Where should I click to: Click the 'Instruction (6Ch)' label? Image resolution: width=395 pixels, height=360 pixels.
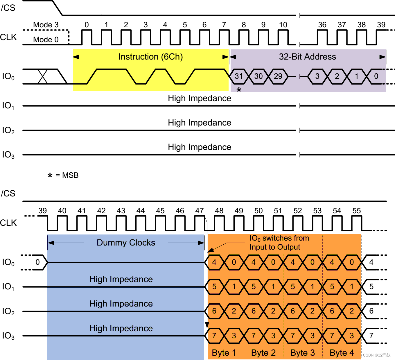[150, 57]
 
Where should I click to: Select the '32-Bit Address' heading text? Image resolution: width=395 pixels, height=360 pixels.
[307, 57]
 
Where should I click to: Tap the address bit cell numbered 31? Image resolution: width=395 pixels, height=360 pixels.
[239, 76]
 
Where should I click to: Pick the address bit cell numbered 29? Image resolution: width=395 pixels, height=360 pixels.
[278, 76]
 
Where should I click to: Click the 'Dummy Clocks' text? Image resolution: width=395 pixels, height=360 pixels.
[126, 243]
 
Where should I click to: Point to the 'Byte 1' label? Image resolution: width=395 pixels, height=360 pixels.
[224, 353]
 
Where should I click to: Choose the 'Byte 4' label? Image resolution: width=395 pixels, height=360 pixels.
[342, 353]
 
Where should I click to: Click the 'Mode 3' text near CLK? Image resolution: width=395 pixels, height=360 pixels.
[46, 25]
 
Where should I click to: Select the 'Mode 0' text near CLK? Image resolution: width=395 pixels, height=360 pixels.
[46, 40]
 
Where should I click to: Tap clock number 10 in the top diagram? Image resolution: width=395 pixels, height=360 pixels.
[283, 25]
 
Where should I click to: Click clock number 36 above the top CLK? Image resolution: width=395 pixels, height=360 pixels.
[322, 25]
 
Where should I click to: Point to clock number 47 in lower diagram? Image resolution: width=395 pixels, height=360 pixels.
[200, 211]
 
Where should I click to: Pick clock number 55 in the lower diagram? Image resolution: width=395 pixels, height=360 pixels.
[356, 211]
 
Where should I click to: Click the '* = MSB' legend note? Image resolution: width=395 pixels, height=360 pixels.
[63, 175]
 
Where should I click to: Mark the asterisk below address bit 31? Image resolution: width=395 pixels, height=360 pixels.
[239, 90]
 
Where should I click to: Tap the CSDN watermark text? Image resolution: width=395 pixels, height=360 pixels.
[377, 355]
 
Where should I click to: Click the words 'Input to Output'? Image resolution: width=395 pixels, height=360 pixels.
[275, 247]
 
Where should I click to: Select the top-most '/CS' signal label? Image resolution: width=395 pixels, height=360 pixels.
[8, 8]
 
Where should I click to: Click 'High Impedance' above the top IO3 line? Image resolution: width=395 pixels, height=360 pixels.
[200, 147]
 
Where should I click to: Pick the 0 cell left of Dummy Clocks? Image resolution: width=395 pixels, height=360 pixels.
[37, 262]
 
